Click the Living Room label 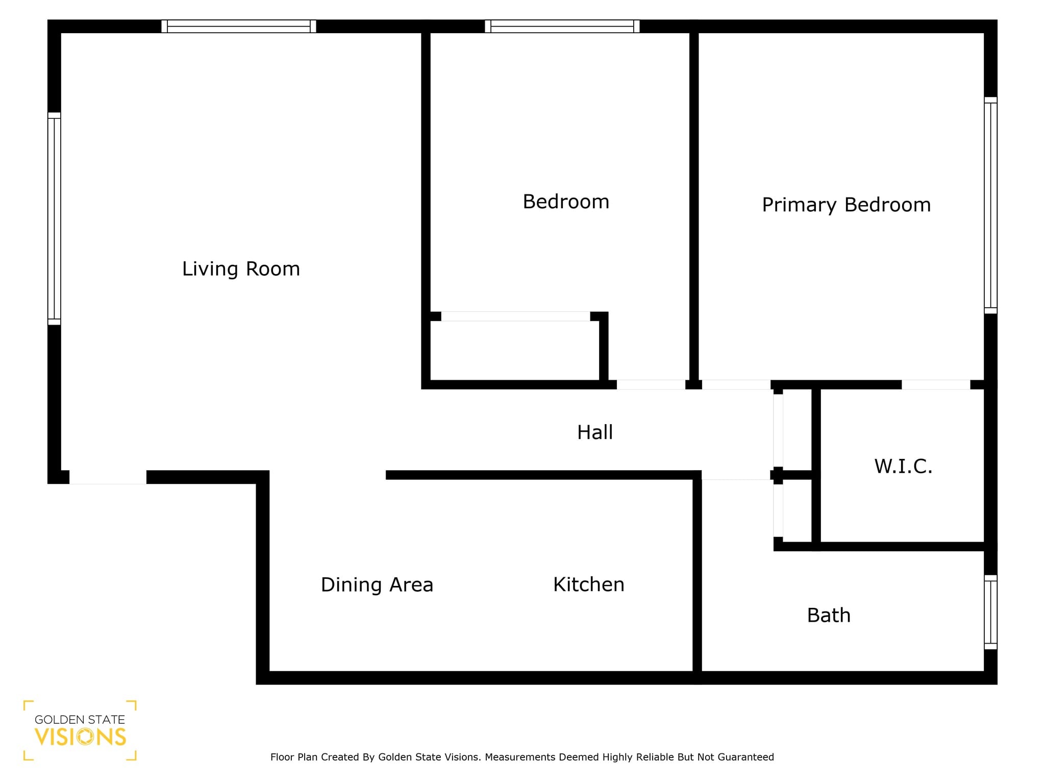[x=241, y=269]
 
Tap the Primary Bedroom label [x=846, y=205]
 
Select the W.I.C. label [x=903, y=466]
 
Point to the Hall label [x=594, y=432]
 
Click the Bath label [x=829, y=615]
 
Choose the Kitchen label [x=588, y=584]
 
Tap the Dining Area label [x=377, y=584]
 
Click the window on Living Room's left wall [x=54, y=218]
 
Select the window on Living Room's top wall [x=238, y=26]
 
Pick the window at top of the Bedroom [x=562, y=26]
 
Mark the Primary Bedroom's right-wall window [x=990, y=205]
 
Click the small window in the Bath [x=990, y=612]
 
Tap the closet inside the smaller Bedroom [x=514, y=350]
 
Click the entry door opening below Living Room [x=108, y=477]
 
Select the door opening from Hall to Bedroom [x=651, y=384]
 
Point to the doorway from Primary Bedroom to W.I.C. [x=936, y=384]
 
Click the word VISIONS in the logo [x=80, y=737]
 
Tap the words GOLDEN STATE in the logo [x=80, y=720]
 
